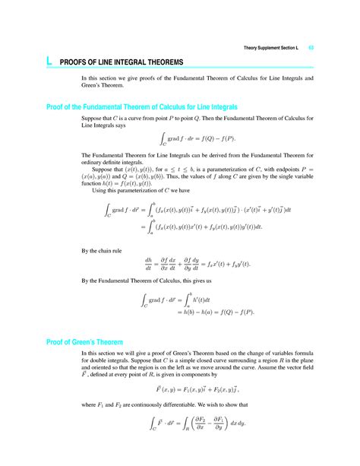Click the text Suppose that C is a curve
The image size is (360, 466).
coord(129,119)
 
